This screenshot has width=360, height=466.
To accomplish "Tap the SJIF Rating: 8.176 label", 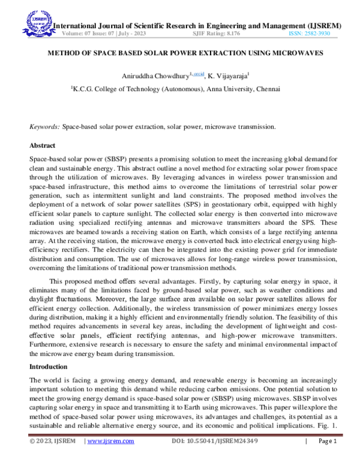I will click(x=217, y=34).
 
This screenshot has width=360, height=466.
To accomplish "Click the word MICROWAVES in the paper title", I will click(x=299, y=53).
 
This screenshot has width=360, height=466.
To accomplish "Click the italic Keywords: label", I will click(x=45, y=127).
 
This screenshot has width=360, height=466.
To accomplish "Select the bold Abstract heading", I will click(x=43, y=146).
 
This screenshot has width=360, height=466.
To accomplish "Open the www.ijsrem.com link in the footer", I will click(x=111, y=459).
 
